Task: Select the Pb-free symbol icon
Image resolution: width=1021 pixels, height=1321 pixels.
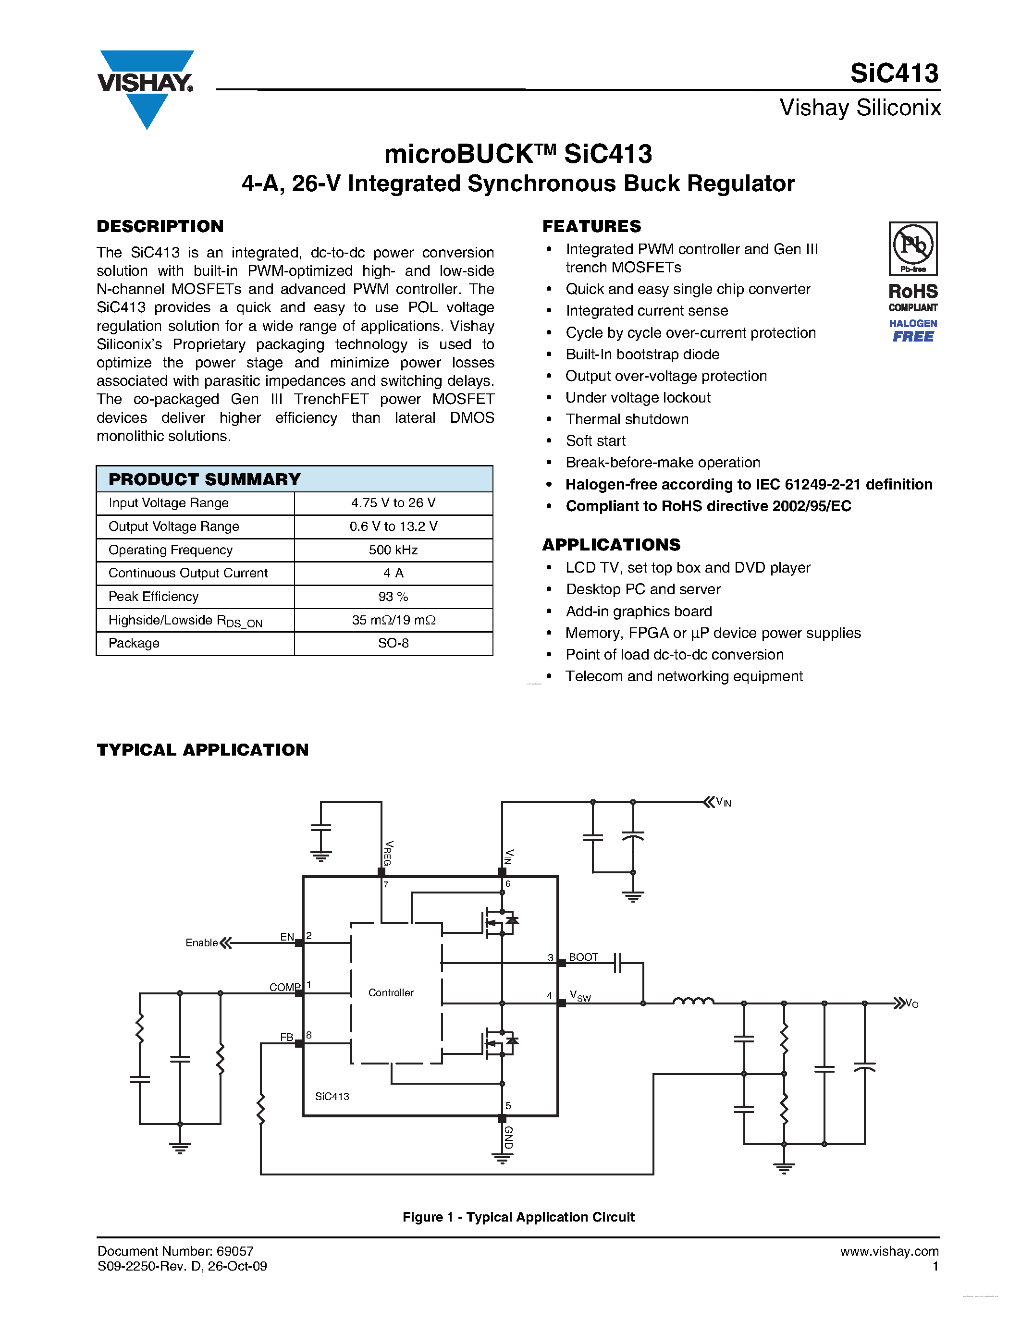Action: (x=913, y=248)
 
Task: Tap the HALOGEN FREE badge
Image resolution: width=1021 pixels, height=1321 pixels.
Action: (x=913, y=331)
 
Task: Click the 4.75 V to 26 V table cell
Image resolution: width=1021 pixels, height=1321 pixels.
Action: (x=393, y=502)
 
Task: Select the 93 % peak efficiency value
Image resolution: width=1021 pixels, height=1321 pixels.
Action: (x=393, y=597)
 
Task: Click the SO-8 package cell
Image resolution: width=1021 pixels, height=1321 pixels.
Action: (x=393, y=643)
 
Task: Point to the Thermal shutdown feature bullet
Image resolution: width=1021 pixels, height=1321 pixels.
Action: (x=627, y=419)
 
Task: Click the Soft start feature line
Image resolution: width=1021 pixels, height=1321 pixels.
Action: (x=595, y=441)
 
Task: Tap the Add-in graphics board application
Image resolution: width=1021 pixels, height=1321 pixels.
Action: (x=638, y=611)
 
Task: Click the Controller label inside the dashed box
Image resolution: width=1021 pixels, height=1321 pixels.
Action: (x=391, y=992)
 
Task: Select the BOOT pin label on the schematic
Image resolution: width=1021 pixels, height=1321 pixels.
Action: (x=583, y=957)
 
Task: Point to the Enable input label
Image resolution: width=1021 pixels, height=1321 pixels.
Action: (x=201, y=942)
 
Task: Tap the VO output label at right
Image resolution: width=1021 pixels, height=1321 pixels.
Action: (x=911, y=1003)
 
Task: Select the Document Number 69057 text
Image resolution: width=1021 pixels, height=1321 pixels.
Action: (x=175, y=1251)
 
